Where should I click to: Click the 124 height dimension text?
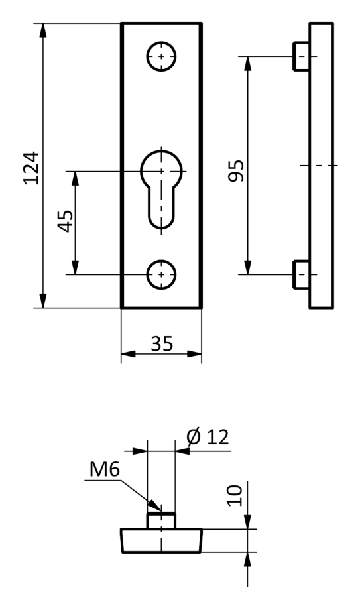31,168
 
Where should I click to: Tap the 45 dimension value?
65,221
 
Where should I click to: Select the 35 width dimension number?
162,343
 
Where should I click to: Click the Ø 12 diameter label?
208,437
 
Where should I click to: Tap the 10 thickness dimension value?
235,495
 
